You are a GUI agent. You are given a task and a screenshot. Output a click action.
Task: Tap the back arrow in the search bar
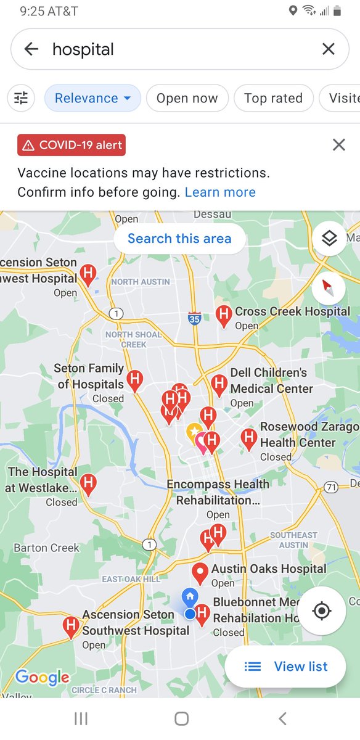click(x=31, y=49)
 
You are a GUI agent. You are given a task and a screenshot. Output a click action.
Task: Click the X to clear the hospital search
click(x=329, y=49)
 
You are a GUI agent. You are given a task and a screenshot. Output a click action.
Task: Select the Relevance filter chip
click(x=92, y=98)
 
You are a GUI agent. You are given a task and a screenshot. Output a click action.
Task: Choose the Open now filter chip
click(x=187, y=98)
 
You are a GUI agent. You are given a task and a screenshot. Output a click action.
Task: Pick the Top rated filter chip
click(x=273, y=98)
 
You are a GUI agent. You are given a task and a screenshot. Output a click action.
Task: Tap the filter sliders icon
click(x=21, y=98)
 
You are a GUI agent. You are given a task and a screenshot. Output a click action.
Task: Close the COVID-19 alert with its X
click(x=338, y=145)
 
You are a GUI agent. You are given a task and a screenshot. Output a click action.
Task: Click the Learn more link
click(x=220, y=192)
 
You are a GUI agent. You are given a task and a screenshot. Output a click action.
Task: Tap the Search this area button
click(x=179, y=239)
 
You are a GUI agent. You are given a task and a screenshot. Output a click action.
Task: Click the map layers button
click(x=329, y=239)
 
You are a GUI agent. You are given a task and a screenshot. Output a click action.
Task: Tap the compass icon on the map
click(x=329, y=287)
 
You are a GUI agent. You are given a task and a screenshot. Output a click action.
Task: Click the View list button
click(x=285, y=666)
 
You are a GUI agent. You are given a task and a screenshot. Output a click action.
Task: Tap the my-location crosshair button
click(x=321, y=611)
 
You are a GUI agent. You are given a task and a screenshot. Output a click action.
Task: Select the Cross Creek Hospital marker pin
click(x=223, y=315)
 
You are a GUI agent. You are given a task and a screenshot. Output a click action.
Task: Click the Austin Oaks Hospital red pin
click(x=200, y=572)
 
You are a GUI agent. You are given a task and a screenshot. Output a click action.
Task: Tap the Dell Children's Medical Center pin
click(x=219, y=384)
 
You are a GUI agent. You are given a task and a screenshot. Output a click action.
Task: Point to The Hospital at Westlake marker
click(x=88, y=483)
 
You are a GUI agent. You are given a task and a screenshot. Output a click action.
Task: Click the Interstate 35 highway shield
click(x=194, y=318)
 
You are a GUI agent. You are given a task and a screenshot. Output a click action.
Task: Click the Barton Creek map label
click(x=47, y=548)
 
